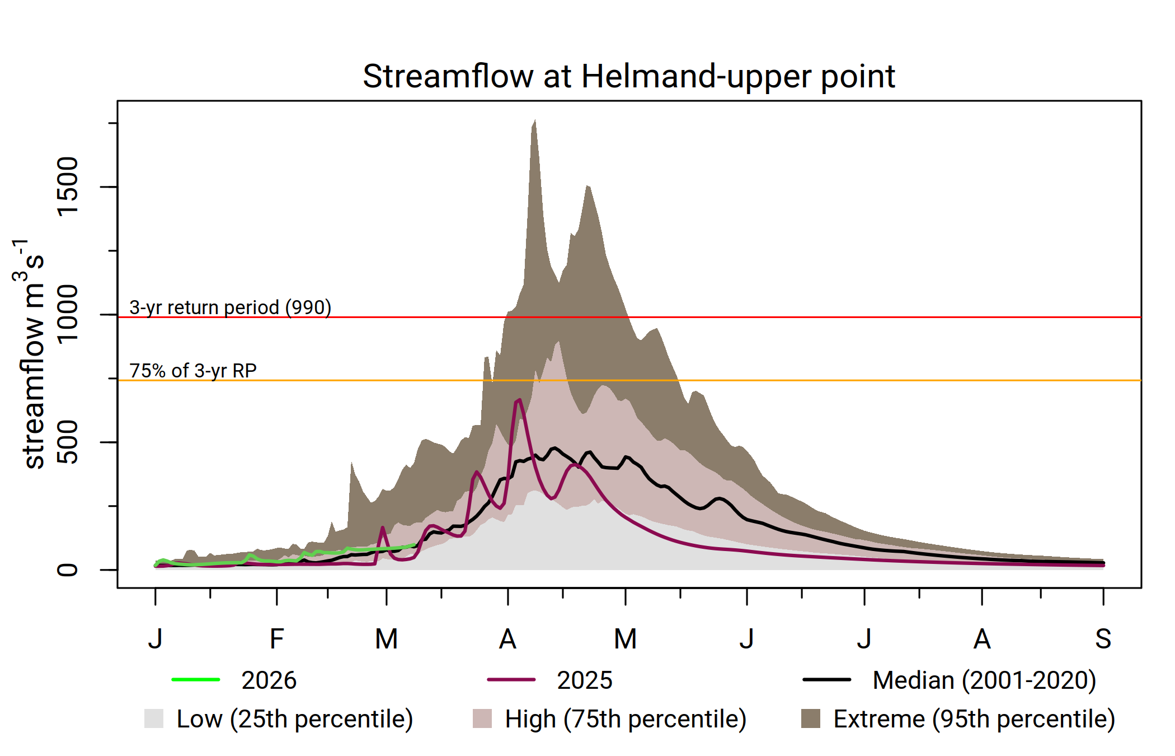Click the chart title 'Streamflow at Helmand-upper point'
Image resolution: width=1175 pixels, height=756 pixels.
point(628,76)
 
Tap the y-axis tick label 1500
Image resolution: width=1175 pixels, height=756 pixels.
point(68,186)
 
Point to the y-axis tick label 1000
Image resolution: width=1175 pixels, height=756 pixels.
point(68,314)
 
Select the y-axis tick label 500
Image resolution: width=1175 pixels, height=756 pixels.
point(68,442)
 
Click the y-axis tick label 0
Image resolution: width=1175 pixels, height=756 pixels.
point(68,570)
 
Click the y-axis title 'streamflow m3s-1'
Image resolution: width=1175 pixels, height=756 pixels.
point(31,353)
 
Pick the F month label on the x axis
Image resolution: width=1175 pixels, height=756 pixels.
point(276,639)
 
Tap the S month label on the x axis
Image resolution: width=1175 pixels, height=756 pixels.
point(1103,639)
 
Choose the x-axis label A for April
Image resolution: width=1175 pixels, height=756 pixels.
point(507,639)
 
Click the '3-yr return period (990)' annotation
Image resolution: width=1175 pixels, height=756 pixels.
point(230,307)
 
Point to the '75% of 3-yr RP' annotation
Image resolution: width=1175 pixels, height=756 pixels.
point(193,371)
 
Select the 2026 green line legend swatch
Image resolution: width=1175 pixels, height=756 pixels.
point(196,680)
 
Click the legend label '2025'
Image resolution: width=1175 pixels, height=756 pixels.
point(585,680)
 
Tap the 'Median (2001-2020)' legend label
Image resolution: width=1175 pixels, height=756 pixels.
point(984,680)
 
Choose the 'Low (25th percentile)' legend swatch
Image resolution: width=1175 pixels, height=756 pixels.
point(154,718)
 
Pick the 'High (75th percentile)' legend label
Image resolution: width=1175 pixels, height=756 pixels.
point(626,719)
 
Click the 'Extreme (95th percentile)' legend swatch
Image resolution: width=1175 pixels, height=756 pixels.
point(811,718)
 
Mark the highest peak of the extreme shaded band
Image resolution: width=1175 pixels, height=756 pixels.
point(535,120)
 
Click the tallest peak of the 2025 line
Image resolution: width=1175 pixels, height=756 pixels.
point(520,400)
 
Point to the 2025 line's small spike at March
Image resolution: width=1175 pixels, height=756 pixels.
point(383,528)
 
